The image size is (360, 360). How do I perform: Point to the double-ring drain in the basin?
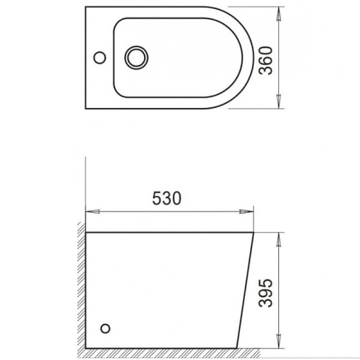[x=135, y=58]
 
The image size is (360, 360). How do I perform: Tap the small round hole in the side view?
[x=106, y=328]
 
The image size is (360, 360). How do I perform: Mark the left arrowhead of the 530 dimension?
[x=92, y=212]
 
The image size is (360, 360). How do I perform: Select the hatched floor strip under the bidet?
[x=180, y=352]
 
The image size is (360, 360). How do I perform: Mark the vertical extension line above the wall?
[x=86, y=186]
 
